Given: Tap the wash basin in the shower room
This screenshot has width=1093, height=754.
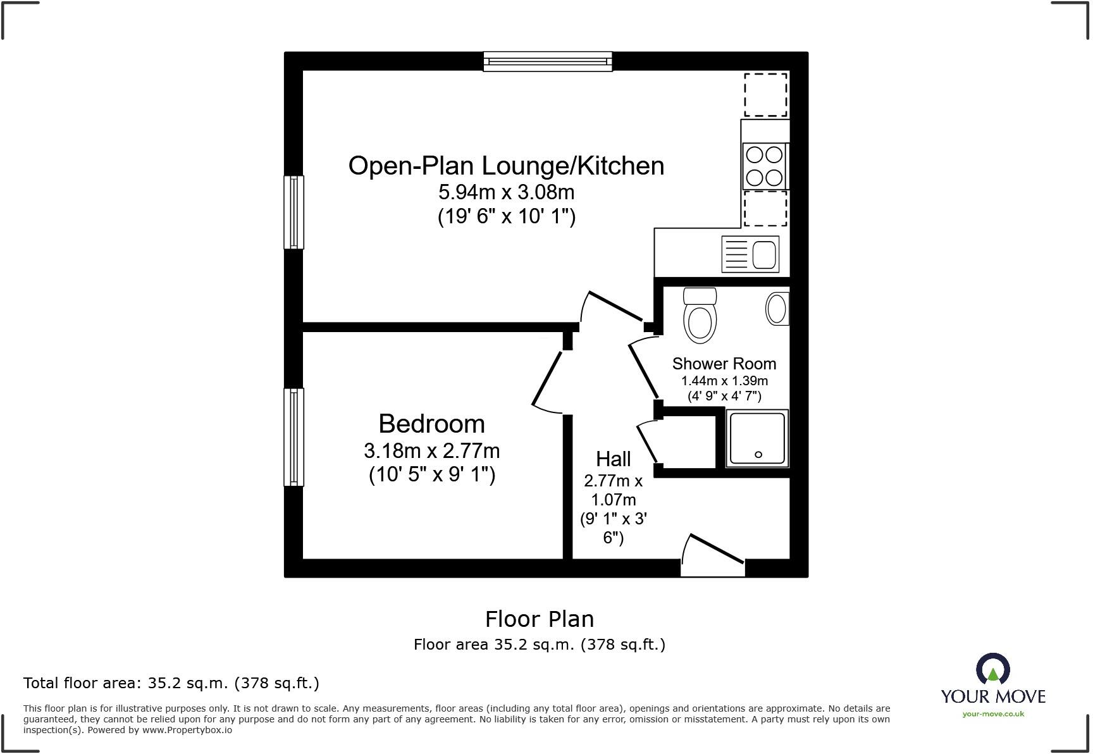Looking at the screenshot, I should pos(777,309).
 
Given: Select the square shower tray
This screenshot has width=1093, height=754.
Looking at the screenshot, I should pos(757,438).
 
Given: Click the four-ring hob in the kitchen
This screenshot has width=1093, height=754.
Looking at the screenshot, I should pos(764,166).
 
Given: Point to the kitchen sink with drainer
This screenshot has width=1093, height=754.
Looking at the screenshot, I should pos(750,254).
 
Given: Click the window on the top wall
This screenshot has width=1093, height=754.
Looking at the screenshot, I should pos(548,61).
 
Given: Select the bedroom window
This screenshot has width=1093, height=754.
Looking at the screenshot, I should pos(293,436).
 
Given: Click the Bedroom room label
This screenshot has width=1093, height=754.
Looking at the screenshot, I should pos(431,423).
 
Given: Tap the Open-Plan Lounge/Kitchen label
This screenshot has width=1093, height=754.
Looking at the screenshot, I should pos(506,166).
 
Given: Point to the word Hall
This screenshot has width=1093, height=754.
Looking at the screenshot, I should pos(613,459).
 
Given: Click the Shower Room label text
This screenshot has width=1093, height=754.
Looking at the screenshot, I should pos(724,364).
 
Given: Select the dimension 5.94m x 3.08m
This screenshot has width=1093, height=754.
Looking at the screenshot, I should pos(506,192).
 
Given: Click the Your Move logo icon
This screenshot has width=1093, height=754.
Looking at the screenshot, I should pos(992,669).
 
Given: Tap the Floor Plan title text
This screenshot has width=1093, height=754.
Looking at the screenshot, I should pos(539,619).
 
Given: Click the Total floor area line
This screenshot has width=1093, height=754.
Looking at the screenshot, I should pos(171,683).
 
